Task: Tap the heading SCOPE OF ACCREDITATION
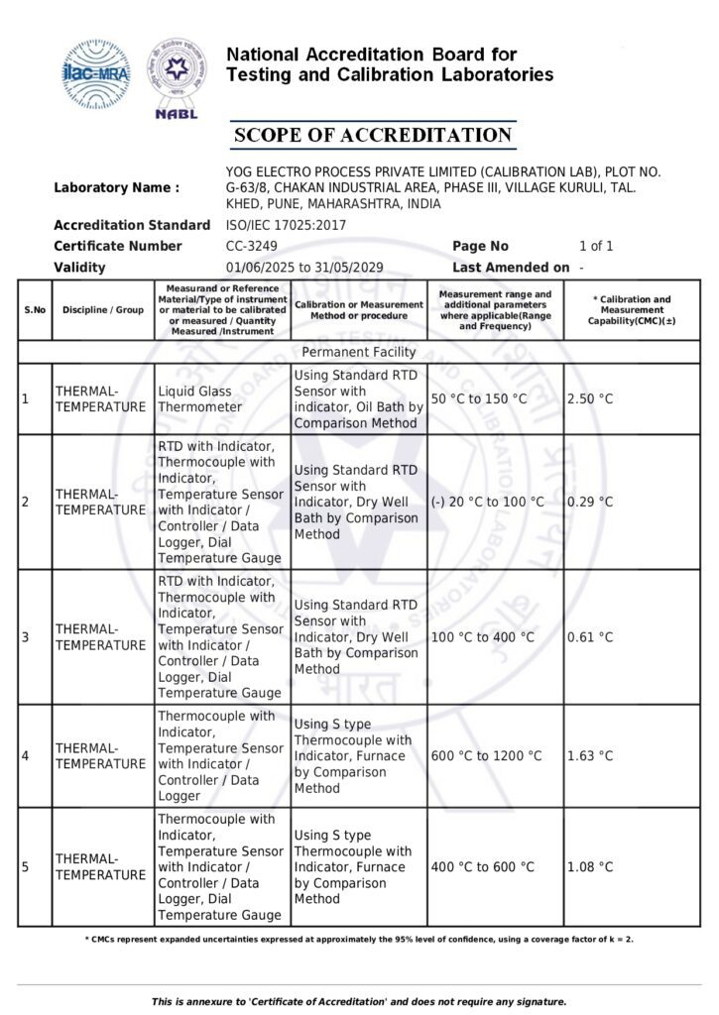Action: tap(372, 135)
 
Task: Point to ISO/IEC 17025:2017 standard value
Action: tap(281, 225)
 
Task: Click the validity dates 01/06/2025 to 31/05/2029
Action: tap(304, 268)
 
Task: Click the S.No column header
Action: tap(35, 310)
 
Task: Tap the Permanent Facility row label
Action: tap(359, 352)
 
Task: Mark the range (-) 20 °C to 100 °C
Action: tap(488, 503)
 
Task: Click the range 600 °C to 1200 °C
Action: tap(487, 756)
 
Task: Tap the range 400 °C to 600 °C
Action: tap(482, 867)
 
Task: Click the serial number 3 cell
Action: tap(26, 637)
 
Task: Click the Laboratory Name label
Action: tap(117, 187)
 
